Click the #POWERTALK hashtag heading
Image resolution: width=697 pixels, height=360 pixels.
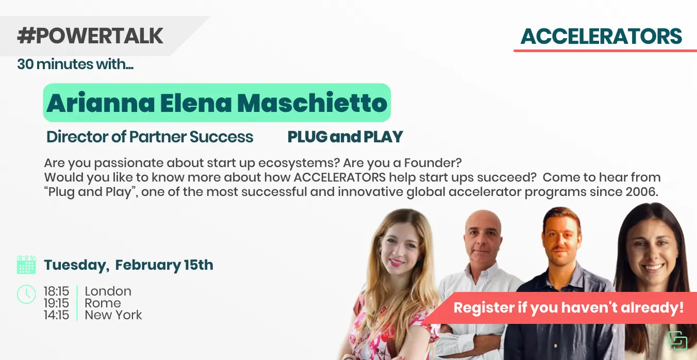coord(90,36)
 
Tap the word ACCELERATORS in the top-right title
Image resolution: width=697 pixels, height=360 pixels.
coord(601,36)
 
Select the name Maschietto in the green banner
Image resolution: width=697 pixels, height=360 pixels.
coord(312,103)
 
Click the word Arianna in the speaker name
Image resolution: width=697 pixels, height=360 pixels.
coord(101,103)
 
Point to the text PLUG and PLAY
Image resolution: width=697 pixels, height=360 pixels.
coord(345,137)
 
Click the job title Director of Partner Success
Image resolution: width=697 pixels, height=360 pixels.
coord(150,137)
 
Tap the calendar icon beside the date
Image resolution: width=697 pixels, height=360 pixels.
coord(26,265)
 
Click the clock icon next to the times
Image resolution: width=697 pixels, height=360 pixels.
coord(26,294)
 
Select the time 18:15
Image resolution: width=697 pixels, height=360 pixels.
coord(56,291)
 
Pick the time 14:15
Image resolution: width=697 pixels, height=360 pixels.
coord(56,315)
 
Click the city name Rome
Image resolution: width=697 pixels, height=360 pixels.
coord(103,303)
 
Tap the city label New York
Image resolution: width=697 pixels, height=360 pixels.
coord(113,315)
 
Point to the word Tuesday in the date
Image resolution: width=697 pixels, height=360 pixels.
coord(76,265)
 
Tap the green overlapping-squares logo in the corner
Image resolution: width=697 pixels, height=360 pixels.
coord(678,340)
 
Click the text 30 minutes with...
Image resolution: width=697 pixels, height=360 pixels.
coord(75,64)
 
